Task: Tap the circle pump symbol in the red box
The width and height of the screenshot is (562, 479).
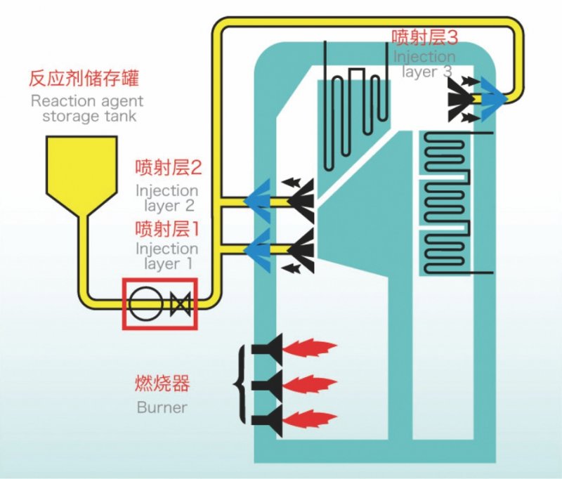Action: point(145,304)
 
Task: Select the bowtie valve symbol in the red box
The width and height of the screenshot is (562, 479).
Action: point(180,304)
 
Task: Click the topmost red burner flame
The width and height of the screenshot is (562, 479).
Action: point(310,348)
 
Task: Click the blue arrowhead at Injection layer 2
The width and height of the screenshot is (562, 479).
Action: point(257,201)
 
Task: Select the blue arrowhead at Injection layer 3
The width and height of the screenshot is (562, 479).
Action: point(494,98)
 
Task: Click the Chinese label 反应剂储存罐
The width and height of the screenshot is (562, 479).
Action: point(84,78)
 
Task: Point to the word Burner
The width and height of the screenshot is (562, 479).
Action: point(162,407)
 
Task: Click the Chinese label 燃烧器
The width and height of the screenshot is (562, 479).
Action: point(162,383)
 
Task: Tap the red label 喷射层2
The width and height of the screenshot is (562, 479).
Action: point(169,167)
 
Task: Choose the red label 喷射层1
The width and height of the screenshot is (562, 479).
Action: point(167,228)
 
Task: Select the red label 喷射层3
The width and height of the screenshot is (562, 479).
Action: point(425,37)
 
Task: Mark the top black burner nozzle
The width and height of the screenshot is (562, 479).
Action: point(268,348)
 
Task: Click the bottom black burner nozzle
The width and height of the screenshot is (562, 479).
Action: point(268,420)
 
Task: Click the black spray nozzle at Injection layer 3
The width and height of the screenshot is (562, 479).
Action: point(462,98)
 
